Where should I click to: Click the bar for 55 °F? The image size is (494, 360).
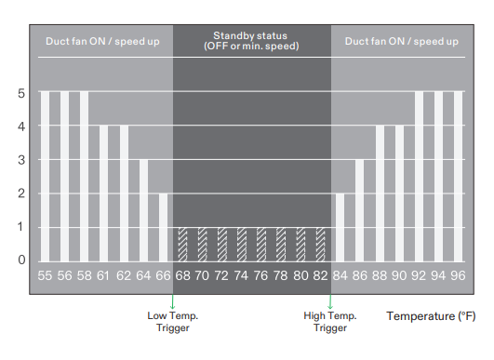(45, 177)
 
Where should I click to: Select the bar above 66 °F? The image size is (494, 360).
(163, 227)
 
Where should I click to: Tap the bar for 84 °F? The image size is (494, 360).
(340, 227)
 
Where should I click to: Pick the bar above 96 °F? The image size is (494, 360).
(458, 177)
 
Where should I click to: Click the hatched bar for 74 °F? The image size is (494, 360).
(242, 244)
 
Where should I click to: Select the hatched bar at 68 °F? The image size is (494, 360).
(182, 244)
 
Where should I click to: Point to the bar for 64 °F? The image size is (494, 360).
(143, 210)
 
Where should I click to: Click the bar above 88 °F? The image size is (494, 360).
(379, 193)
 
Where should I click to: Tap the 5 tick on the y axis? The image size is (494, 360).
(20, 93)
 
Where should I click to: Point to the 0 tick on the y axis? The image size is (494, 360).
(20, 260)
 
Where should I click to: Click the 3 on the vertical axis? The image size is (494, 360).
(20, 160)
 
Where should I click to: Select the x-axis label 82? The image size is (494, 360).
(320, 276)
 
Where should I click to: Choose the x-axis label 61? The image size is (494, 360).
(103, 276)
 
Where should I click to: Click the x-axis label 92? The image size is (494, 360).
(419, 276)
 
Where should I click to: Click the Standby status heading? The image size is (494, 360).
(251, 41)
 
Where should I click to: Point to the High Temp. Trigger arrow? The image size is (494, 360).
(329, 302)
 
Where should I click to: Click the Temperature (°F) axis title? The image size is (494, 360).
(431, 316)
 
